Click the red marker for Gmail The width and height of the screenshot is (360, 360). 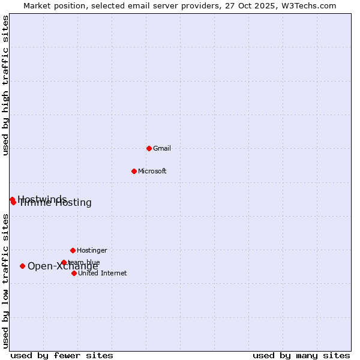149,148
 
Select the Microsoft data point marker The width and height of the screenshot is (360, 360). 134,171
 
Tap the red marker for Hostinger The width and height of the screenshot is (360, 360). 73,250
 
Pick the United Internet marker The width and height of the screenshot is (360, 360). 74,273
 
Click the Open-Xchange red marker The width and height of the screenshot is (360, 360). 22,266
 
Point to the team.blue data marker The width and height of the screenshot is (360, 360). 64,262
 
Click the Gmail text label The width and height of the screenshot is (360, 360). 162,148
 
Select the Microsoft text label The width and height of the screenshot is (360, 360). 152,171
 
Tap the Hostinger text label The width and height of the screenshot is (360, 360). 92,250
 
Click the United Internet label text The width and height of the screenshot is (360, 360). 102,273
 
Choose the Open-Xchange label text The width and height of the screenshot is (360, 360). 62,266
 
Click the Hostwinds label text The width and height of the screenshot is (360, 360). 42,199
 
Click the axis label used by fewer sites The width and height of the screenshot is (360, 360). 62,355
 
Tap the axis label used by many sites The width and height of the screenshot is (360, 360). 301,355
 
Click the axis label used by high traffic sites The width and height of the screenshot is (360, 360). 5,85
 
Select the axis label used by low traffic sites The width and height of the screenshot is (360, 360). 5,281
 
